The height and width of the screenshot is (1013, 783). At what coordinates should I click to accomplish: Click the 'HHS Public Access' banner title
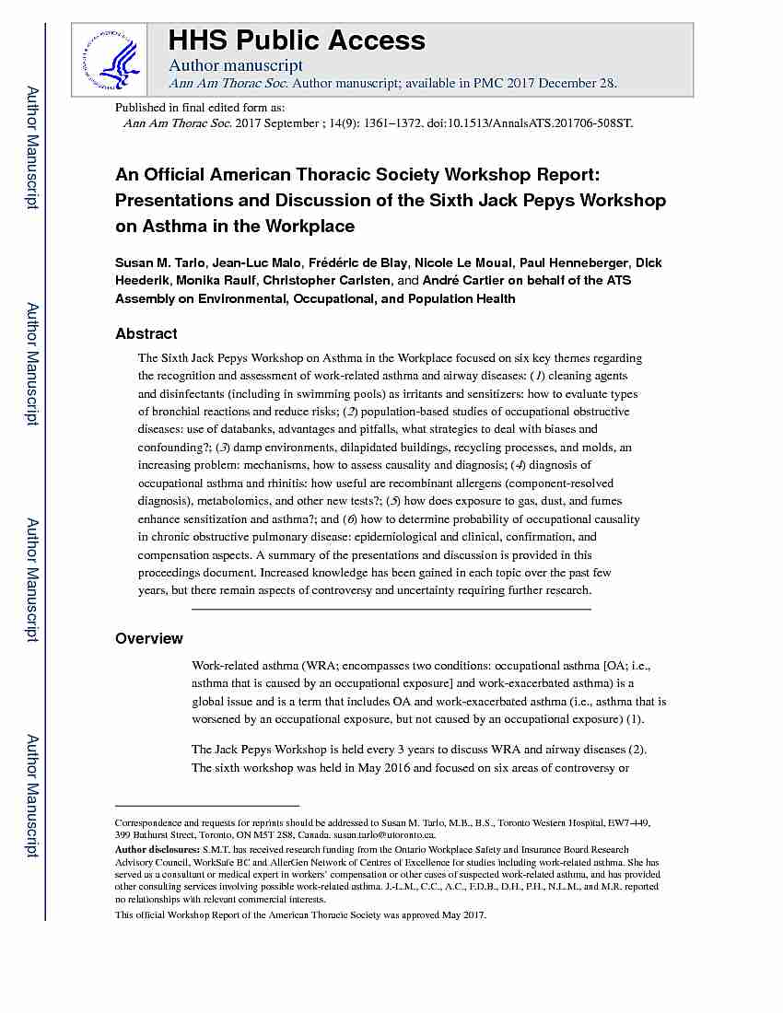click(x=296, y=41)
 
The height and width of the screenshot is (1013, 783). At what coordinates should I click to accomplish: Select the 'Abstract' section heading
click(x=146, y=333)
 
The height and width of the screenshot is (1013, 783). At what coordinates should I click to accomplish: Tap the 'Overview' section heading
click(x=148, y=638)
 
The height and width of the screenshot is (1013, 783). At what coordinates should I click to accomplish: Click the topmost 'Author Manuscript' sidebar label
click(x=31, y=147)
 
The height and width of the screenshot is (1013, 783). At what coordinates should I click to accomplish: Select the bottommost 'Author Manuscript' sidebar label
click(x=31, y=796)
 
